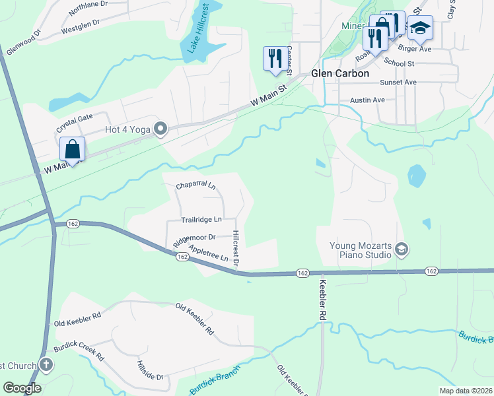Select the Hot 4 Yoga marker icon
click(x=160, y=129)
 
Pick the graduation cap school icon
click(x=420, y=28)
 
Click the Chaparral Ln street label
click(x=195, y=186)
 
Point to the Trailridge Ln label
click(x=201, y=219)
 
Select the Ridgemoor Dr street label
click(x=194, y=238)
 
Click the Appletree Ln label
click(x=208, y=253)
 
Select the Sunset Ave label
click(x=398, y=82)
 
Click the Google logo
click(x=22, y=388)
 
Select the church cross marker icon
click(x=46, y=364)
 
